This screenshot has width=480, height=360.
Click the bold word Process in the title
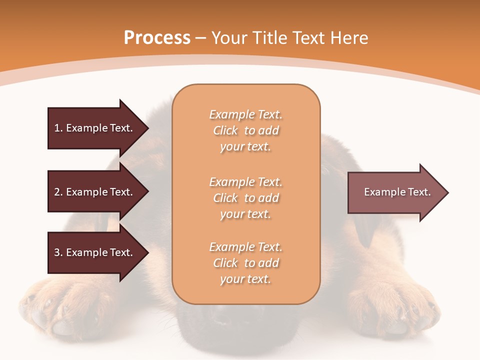157,38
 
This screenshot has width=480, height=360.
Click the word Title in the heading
268,38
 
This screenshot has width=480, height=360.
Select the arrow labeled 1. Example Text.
95,128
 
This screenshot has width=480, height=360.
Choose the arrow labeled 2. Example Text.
95,192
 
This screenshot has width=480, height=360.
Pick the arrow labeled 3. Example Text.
95,252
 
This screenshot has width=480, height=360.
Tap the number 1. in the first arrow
58,128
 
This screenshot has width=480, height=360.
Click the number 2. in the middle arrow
58,192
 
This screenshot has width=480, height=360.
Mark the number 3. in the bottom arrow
58,252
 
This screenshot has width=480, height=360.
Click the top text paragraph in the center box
245,130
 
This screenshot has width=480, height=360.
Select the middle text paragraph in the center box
245,198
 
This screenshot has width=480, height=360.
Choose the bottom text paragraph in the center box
245,263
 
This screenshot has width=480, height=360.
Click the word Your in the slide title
228,38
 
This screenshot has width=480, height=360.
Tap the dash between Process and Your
200,38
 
